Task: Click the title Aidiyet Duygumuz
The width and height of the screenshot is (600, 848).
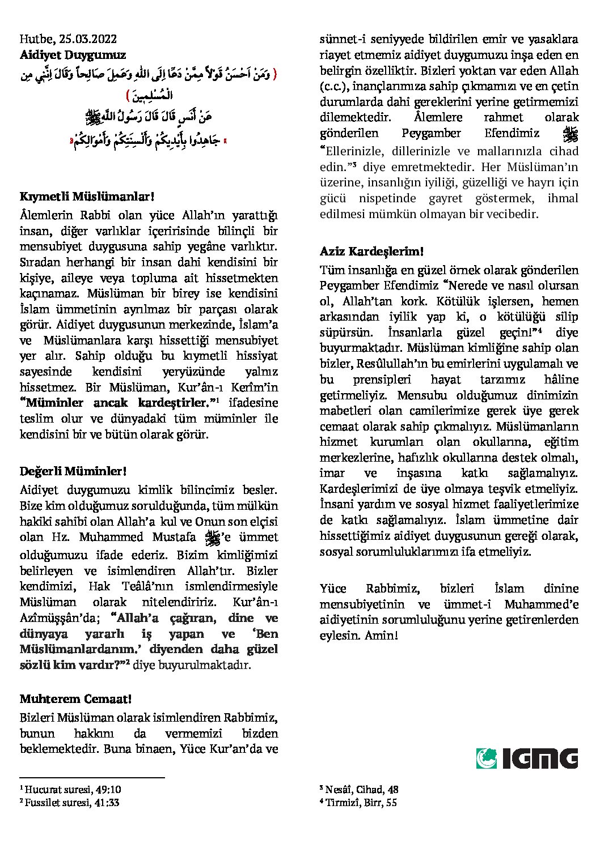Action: pyautogui.click(x=73, y=55)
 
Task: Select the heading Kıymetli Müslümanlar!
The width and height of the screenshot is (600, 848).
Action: pyautogui.click(x=87, y=197)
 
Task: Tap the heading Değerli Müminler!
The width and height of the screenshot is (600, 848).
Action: pyautogui.click(x=73, y=471)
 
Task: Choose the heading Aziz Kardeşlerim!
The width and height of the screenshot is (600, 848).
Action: pyautogui.click(x=371, y=251)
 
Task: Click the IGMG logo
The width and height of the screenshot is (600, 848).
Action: pyautogui.click(x=527, y=758)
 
